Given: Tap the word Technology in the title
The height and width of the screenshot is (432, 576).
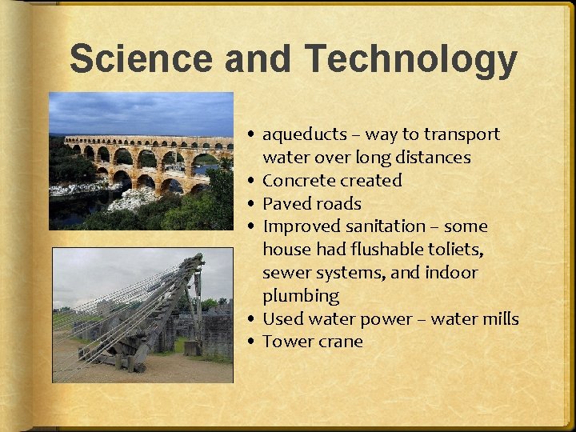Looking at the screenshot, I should (411, 60).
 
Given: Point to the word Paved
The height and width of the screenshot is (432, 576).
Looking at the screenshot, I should (286, 204).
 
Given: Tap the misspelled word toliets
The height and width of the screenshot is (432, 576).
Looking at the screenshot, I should (456, 250).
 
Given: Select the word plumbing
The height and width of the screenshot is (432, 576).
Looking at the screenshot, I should (301, 296).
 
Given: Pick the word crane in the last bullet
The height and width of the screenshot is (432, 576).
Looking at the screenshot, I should (340, 342).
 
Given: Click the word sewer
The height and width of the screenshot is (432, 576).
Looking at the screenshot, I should (286, 273).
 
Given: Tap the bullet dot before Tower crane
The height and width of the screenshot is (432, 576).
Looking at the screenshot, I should (252, 342).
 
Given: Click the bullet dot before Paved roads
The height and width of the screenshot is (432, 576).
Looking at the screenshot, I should (252, 205).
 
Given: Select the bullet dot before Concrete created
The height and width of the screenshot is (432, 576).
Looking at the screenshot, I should (252, 182).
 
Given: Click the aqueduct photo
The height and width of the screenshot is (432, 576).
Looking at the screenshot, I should (141, 161).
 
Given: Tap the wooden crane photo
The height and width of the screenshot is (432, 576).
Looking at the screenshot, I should (142, 314).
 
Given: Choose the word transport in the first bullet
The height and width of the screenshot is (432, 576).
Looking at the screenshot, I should (462, 134).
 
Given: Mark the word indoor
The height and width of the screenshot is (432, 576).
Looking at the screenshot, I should (450, 273).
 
